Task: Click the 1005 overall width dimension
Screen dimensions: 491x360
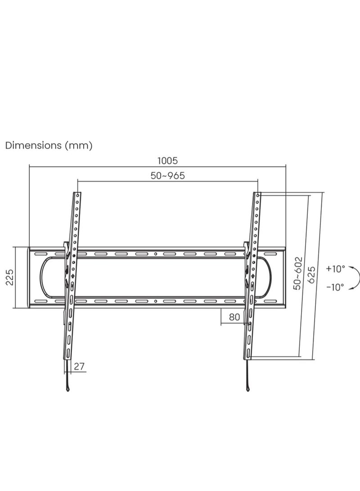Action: click(168, 160)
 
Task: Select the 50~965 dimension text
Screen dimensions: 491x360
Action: click(168, 176)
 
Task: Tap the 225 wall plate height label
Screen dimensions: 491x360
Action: click(9, 277)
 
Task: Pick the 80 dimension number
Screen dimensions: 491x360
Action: click(234, 317)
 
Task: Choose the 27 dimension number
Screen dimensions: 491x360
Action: click(79, 366)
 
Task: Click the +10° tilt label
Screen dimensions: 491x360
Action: click(335, 269)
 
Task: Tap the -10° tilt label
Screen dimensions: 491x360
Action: click(335, 286)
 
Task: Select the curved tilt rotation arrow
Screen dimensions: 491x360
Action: click(355, 277)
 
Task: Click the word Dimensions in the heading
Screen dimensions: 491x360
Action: click(33, 145)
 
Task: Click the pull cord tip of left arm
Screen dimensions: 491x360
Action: click(67, 389)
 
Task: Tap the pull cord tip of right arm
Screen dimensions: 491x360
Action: click(249, 389)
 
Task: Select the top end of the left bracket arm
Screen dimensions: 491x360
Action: click(78, 194)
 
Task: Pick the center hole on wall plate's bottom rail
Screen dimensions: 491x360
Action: click(155, 301)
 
